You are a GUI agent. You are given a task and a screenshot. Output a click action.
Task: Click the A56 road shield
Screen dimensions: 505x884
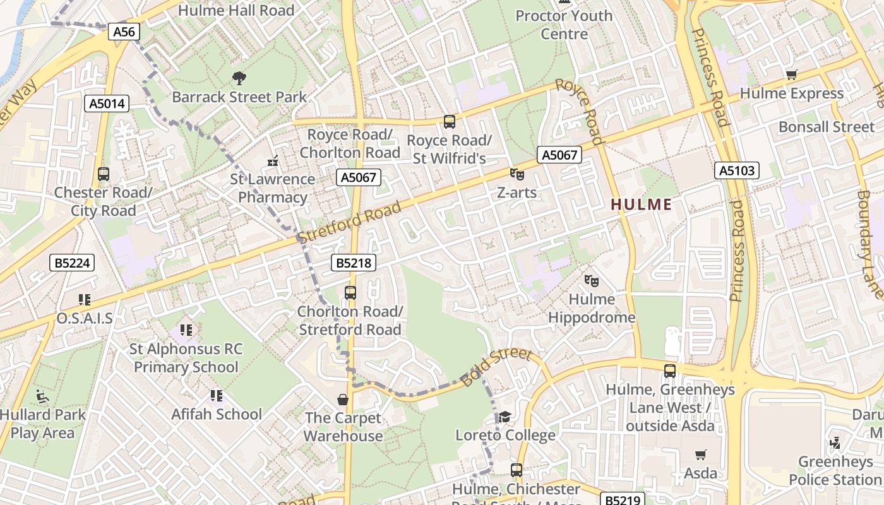pos(124,32)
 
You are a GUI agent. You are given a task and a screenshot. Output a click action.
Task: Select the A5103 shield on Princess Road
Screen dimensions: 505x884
pos(737,170)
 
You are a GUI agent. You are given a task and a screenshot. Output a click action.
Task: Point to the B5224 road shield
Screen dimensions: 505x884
pos(72,263)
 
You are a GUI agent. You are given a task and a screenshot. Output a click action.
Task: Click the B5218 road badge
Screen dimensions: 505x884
pos(354,263)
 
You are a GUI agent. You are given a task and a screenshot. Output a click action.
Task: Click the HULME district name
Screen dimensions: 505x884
pos(641,204)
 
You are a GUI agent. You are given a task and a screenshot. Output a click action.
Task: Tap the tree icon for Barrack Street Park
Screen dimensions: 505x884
pos(239,78)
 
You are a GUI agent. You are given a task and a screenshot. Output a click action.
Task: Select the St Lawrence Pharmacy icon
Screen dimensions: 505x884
pos(273,162)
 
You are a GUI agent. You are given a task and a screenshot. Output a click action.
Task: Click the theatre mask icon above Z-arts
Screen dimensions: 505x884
pos(517,174)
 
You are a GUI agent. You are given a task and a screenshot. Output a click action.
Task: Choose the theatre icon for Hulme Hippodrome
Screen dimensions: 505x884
pos(591,280)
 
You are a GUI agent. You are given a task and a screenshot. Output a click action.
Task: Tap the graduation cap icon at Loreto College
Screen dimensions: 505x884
pos(505,417)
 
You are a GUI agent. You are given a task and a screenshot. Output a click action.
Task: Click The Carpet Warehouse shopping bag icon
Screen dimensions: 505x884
pos(343,400)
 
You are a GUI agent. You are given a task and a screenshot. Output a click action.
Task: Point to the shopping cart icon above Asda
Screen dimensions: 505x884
pos(700,454)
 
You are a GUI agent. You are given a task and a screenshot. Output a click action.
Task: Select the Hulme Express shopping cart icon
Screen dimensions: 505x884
pos(791,75)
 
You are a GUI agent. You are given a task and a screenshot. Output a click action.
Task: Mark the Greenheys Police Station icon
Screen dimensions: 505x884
pos(835,443)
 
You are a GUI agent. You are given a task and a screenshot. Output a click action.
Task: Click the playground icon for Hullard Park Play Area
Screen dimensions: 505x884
pos(42,396)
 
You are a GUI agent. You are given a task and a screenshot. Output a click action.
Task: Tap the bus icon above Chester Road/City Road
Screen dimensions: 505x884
pos(104,174)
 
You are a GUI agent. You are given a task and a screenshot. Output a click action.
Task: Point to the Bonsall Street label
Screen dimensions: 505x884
pos(826,127)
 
